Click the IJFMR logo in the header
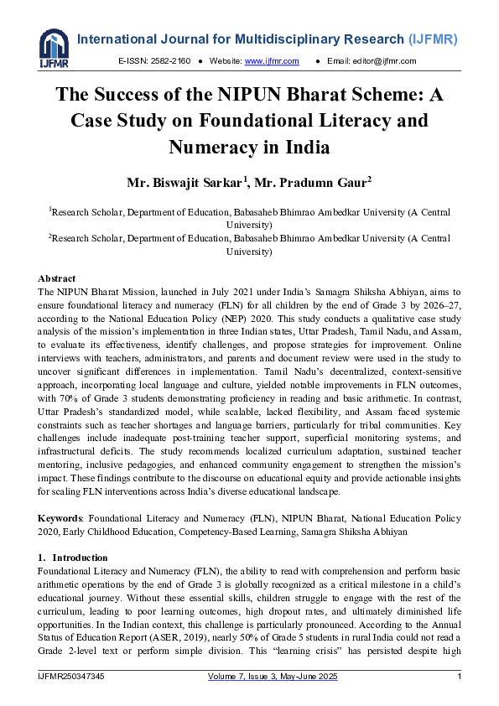(54, 49)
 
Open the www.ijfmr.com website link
(262, 61)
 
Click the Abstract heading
(57, 278)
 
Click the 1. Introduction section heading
(73, 558)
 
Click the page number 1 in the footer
(459, 676)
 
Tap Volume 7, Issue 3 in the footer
(243, 676)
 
